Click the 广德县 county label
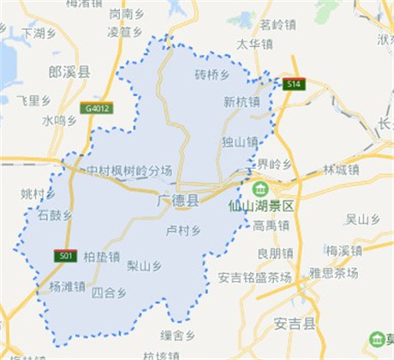[x=178, y=201]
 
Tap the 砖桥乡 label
[x=212, y=75]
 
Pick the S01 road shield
[x=64, y=255]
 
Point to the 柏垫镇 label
[x=102, y=255]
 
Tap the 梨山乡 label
[x=143, y=265]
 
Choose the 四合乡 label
[x=109, y=292]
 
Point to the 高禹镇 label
[x=272, y=225]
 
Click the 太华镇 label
[x=254, y=43]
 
